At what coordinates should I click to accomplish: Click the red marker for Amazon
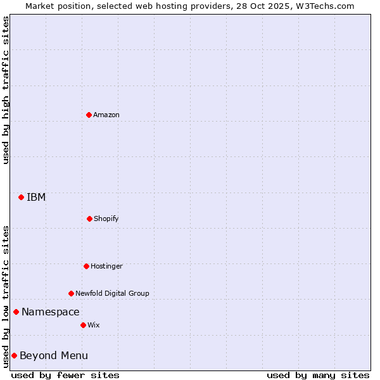pos(89,115)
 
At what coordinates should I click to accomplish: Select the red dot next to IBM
pos(21,197)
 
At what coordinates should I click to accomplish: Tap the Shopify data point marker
pos(89,218)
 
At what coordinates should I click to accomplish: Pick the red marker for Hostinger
pos(86,266)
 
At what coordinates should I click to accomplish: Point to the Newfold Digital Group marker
pos(71,293)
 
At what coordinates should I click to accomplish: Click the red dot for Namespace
pos(16,312)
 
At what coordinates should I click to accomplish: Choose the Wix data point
pos(83,325)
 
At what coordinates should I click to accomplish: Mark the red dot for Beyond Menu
pos(14,355)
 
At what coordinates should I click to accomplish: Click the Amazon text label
pos(106,115)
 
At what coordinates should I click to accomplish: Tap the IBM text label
pos(36,197)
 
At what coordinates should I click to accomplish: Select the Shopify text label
pos(106,218)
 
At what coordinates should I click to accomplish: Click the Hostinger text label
pos(106,266)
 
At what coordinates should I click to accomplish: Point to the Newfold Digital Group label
pos(112,293)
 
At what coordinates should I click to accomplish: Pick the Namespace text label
pos(51,312)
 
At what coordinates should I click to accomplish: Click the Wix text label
pos(94,325)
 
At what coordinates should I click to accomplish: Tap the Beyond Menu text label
pos(54,355)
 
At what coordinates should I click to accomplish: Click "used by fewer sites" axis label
pos(65,375)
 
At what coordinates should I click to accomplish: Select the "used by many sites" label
pos(318,375)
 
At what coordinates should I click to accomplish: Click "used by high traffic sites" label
pos(6,90)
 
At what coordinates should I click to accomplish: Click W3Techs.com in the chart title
pos(324,6)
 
